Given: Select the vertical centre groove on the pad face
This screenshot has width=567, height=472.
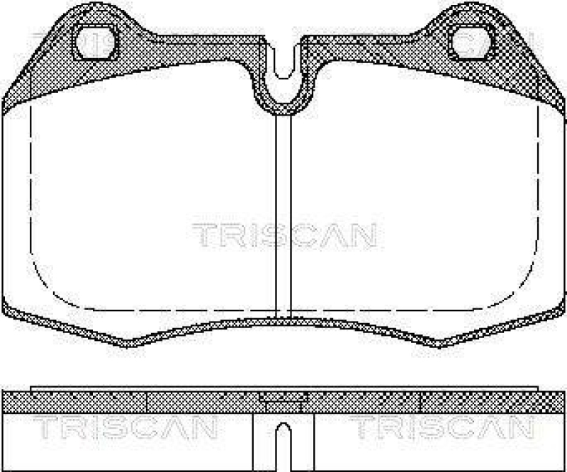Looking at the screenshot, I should point(283,213).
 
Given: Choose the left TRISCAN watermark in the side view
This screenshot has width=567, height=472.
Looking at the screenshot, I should point(123,427).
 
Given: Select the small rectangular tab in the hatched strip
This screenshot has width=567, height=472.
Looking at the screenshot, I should point(283,398).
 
